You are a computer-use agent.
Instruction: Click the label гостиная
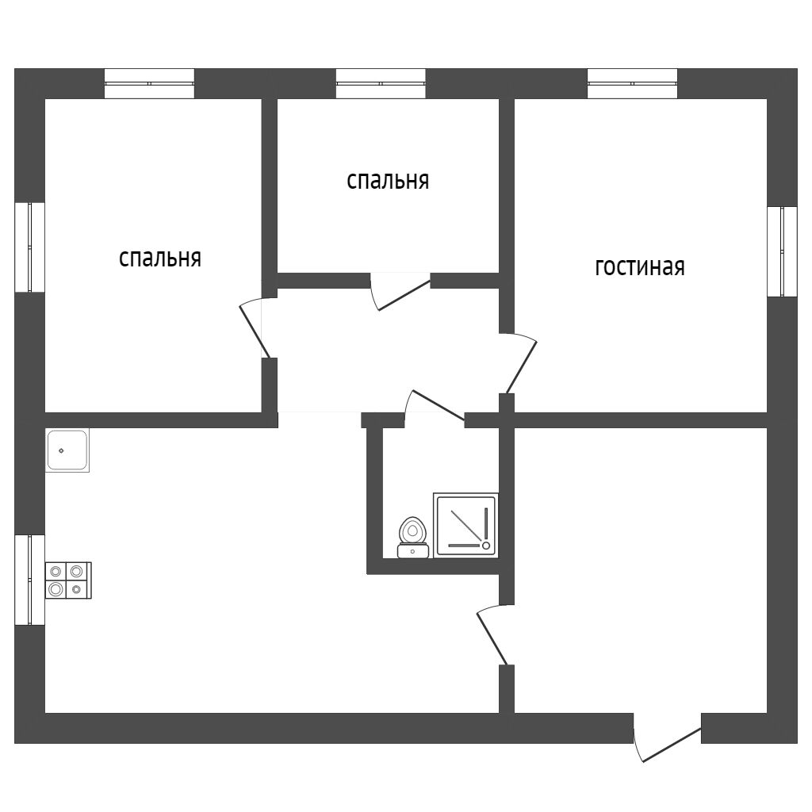coord(639,267)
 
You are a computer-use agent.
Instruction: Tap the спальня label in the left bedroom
coord(159,259)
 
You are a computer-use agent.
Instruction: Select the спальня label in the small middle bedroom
coord(388,181)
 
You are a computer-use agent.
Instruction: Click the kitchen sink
coord(67,450)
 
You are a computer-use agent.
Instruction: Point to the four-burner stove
coord(68,580)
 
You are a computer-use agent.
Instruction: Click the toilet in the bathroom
coord(412,537)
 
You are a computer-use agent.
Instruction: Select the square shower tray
coord(465,524)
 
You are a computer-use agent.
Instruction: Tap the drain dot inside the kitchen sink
coord(61,450)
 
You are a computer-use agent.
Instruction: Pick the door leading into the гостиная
coord(522,365)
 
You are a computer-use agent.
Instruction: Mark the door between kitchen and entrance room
coord(492,634)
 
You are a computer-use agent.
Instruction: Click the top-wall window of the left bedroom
coord(149,83)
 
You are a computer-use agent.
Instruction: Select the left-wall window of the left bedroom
coord(30,247)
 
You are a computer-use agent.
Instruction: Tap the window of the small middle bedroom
coord(381,83)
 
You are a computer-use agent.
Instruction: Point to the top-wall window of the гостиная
coord(632,83)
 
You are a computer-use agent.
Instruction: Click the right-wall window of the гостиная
coord(782,251)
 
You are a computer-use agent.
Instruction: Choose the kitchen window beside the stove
coord(30,580)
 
